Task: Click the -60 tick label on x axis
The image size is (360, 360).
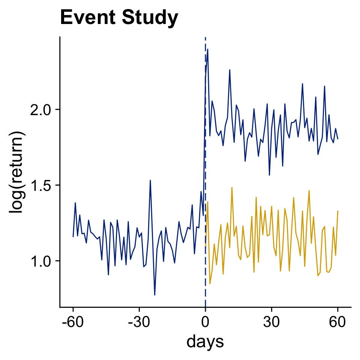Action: pos(73,321)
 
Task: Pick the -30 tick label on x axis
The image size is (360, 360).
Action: pos(139,321)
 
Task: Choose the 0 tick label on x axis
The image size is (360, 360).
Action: pos(205,321)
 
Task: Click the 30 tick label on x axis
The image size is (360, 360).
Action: pos(271,321)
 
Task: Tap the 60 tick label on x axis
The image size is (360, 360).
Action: pos(337,321)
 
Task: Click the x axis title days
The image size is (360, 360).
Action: pos(205,342)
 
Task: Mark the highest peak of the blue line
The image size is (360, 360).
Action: pos(207,49)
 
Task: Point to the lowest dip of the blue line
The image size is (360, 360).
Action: pos(154,295)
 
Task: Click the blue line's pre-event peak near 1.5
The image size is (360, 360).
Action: pos(150,180)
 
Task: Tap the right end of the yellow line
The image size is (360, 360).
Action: pos(337,211)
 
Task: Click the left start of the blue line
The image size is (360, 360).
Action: pos(73,236)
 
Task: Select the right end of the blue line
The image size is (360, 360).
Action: pos(337,139)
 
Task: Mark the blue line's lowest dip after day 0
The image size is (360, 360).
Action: pos(269,175)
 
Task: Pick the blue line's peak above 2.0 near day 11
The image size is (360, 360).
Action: pos(229,70)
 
